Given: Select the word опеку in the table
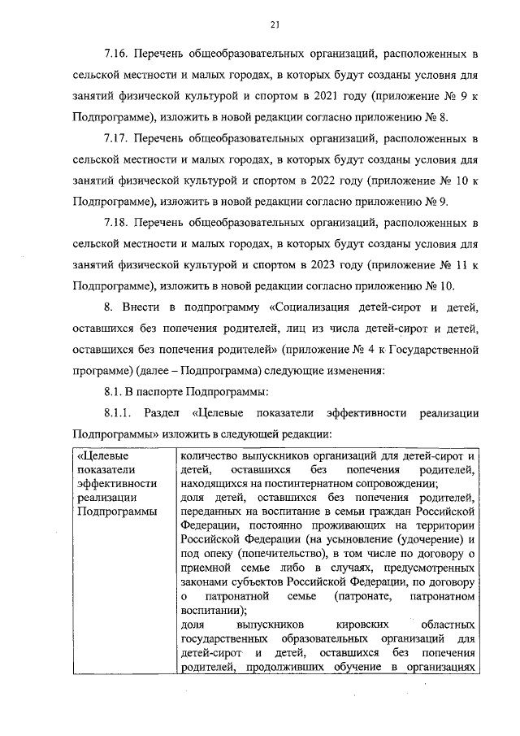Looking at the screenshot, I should (214, 554).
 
